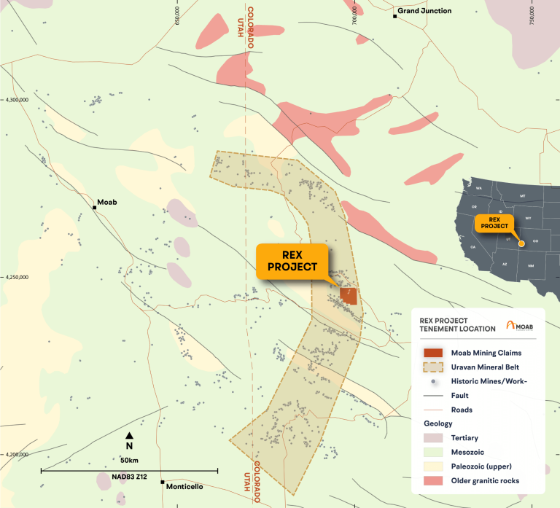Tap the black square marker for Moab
[x=95, y=208]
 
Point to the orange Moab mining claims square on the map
[x=349, y=295]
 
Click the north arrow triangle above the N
[x=129, y=435]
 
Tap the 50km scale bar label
[x=129, y=461]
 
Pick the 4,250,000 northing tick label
[x=16, y=277]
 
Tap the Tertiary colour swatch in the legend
[x=433, y=438]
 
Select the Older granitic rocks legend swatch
[x=433, y=481]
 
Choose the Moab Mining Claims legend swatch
[x=433, y=353]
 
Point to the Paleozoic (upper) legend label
[x=485, y=466]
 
